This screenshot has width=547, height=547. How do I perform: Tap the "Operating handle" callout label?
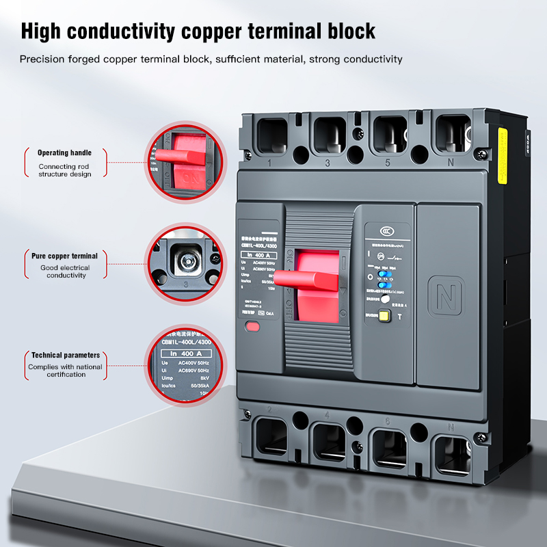(64, 152)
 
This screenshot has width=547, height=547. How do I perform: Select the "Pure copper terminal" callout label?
(64, 256)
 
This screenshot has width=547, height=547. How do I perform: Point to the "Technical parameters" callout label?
(65, 356)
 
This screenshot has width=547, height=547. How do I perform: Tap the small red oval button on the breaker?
(252, 326)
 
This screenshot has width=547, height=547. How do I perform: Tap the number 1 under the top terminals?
(270, 163)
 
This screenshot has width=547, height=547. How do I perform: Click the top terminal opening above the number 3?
(330, 133)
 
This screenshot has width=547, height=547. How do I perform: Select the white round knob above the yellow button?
(385, 299)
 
